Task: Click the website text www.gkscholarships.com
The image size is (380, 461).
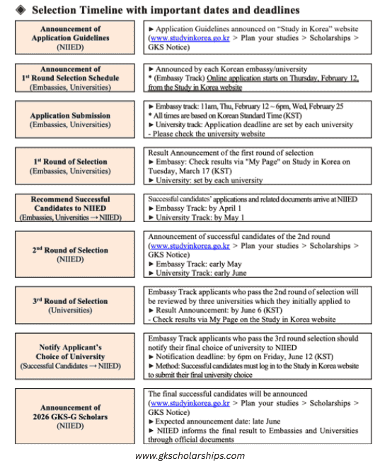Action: click(x=190, y=455)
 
